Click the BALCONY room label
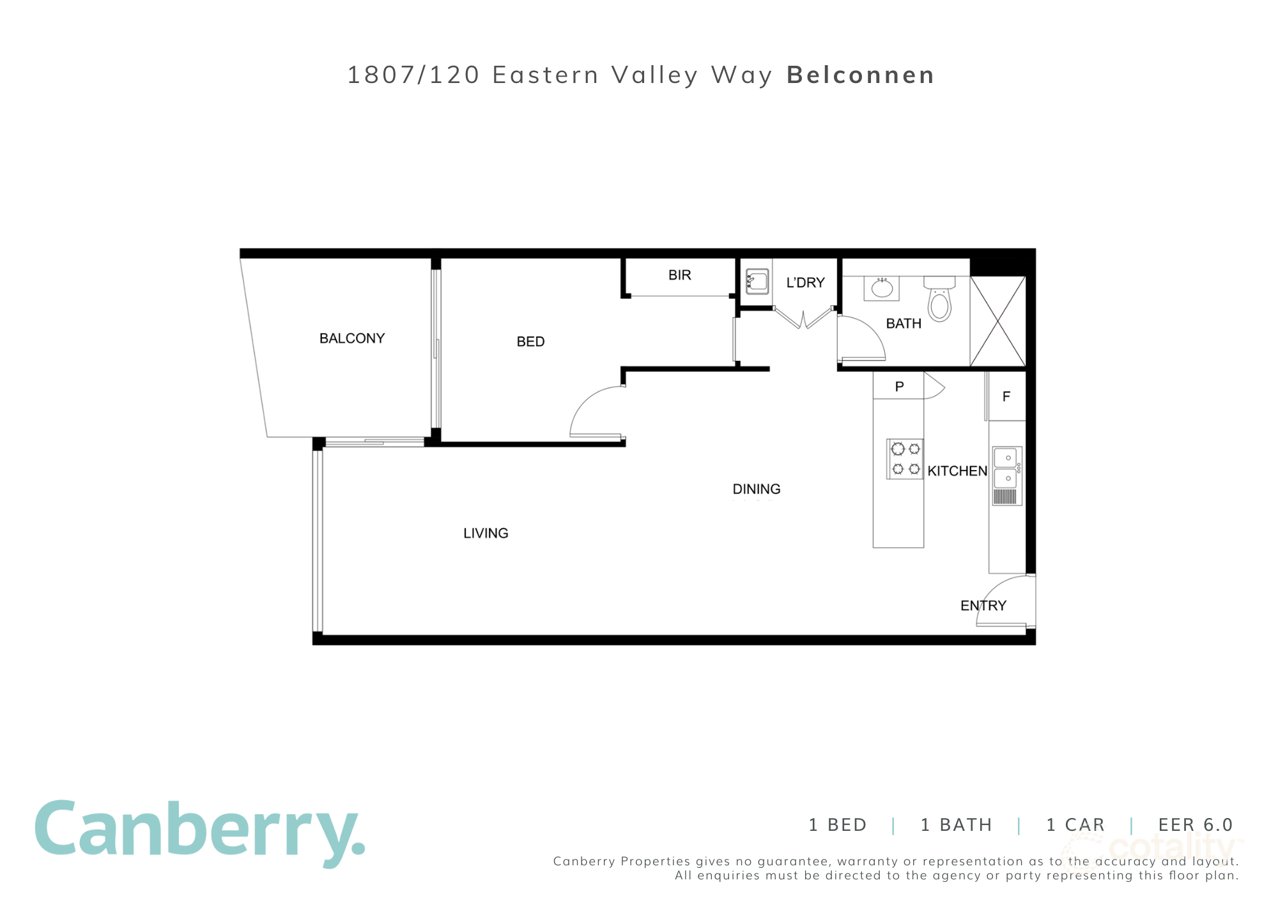click(x=352, y=338)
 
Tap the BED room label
click(x=530, y=342)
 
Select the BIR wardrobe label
click(x=679, y=275)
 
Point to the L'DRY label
click(x=805, y=283)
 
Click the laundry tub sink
click(x=757, y=281)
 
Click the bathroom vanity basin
click(x=882, y=288)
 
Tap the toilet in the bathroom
click(x=939, y=300)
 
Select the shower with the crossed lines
click(x=997, y=321)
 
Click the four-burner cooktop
click(x=905, y=459)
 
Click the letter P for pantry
click(x=899, y=386)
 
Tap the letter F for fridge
click(x=1006, y=397)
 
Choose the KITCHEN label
click(x=957, y=471)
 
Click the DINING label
click(x=757, y=489)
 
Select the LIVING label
click(x=486, y=533)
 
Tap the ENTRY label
click(x=983, y=605)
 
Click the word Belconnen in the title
click(x=861, y=75)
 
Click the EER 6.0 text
click(x=1195, y=825)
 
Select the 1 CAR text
click(x=1075, y=825)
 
